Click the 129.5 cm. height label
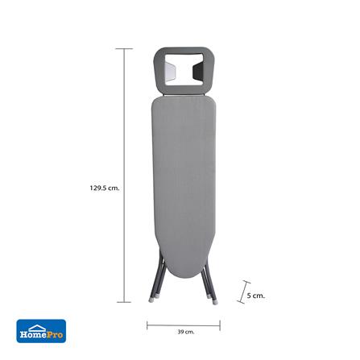[x=105, y=188]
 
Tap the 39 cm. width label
[x=185, y=332]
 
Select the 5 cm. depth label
[x=255, y=296]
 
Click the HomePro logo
[x=41, y=331]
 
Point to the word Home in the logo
[x=31, y=335]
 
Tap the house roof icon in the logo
[x=37, y=327]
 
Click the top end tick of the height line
[x=124, y=48]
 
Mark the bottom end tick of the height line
[x=124, y=302]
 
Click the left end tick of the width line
[x=147, y=325]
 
